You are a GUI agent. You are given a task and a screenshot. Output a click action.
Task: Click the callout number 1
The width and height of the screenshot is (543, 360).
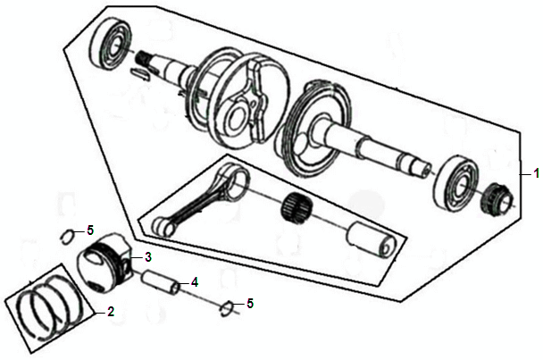point(536,173)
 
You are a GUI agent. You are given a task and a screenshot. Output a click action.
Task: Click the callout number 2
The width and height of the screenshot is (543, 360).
point(111,312)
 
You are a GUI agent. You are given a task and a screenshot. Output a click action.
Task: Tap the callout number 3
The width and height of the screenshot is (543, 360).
point(148,257)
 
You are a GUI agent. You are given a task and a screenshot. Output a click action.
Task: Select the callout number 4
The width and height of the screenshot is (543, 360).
point(195,282)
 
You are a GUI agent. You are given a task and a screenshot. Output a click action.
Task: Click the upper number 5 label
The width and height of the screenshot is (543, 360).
point(90,230)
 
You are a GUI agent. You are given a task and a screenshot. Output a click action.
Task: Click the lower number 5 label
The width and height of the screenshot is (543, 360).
point(250,304)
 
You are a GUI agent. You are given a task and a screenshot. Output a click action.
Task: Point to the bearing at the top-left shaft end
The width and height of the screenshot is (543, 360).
point(111,42)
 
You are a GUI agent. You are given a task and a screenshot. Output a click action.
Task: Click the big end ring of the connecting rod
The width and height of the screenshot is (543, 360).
point(234,178)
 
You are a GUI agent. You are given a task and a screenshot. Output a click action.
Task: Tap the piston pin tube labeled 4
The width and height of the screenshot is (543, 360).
point(162,282)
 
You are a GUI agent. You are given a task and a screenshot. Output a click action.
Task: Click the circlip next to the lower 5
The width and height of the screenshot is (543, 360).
point(227,307)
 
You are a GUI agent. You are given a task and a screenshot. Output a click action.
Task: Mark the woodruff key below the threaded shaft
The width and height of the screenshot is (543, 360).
point(140,74)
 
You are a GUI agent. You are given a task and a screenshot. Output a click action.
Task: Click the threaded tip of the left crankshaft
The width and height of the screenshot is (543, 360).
point(146,57)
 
